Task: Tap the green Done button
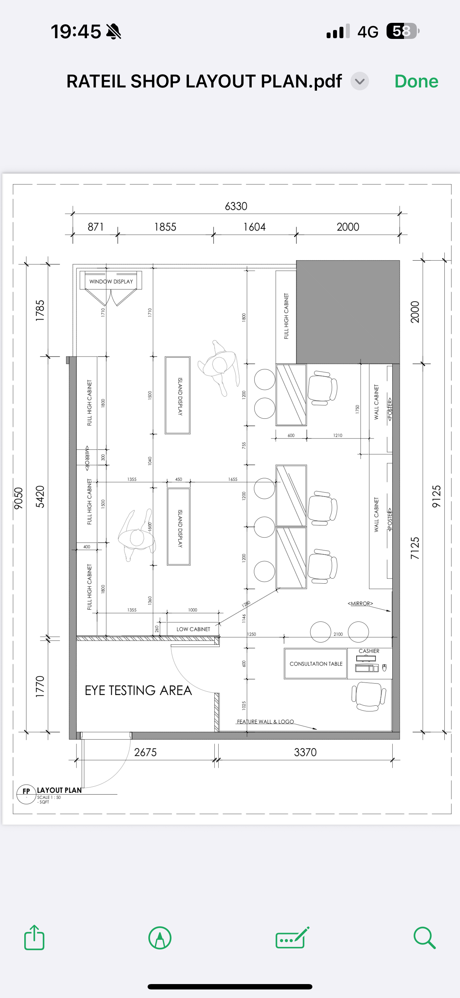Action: pyautogui.click(x=416, y=81)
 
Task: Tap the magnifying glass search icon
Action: pyautogui.click(x=425, y=938)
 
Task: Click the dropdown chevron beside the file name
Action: pyautogui.click(x=360, y=81)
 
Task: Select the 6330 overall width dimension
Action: pyautogui.click(x=236, y=206)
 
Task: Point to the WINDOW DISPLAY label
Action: pyautogui.click(x=111, y=282)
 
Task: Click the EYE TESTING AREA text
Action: pyautogui.click(x=138, y=690)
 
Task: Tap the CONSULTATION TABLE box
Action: pyautogui.click(x=316, y=664)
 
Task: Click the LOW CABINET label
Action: pyautogui.click(x=193, y=629)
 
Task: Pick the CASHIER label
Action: pyautogui.click(x=369, y=651)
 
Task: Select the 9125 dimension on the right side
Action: pyautogui.click(x=436, y=496)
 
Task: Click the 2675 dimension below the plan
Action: pyautogui.click(x=145, y=752)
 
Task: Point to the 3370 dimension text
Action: pyautogui.click(x=305, y=752)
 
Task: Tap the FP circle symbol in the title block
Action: pyautogui.click(x=26, y=794)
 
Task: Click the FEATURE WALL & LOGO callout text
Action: pyautogui.click(x=265, y=722)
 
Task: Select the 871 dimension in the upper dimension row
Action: pyautogui.click(x=96, y=227)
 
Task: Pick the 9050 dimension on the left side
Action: pyautogui.click(x=18, y=499)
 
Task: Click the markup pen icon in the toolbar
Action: pyautogui.click(x=160, y=938)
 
